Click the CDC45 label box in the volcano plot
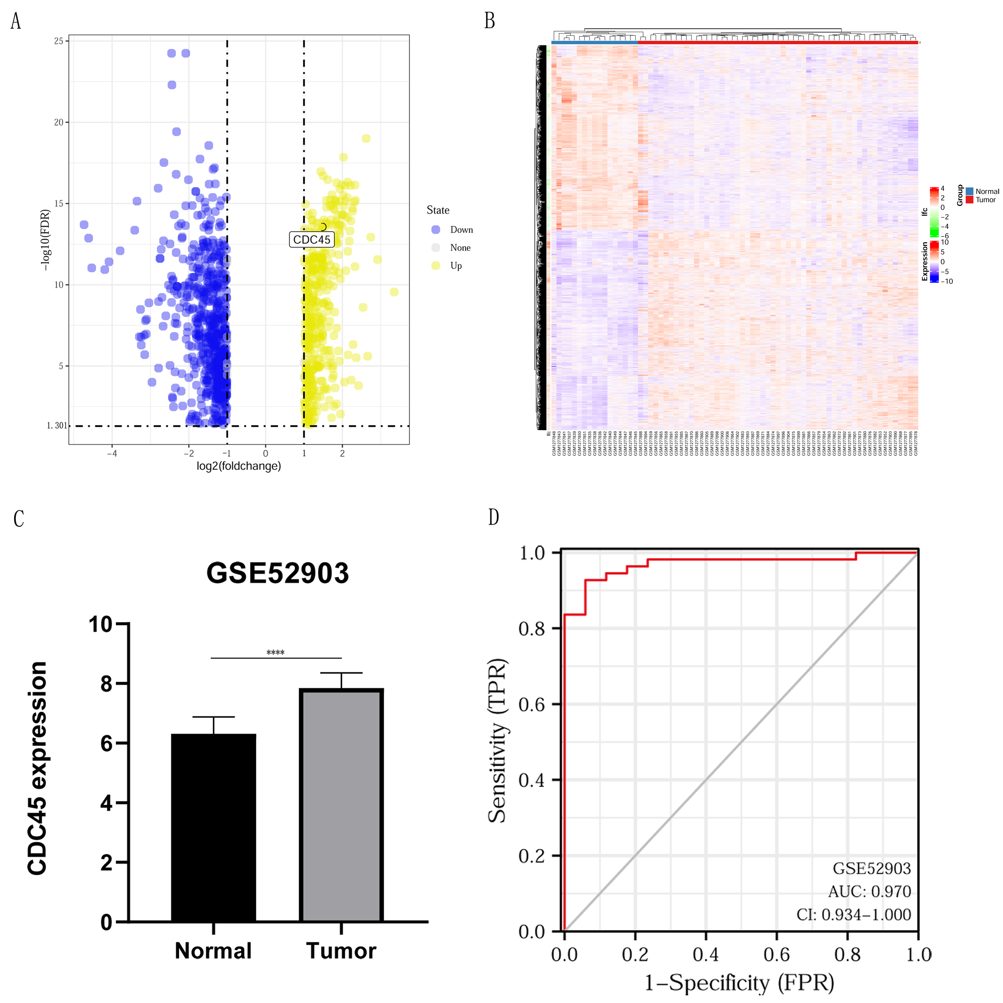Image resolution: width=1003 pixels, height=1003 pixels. [x=312, y=239]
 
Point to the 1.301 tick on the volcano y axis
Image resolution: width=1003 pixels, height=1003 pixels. [x=57, y=426]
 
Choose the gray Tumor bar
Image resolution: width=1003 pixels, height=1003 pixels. [x=341, y=806]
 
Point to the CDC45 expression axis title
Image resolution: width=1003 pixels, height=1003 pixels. [x=38, y=768]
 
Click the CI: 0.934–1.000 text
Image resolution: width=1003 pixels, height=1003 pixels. [x=854, y=914]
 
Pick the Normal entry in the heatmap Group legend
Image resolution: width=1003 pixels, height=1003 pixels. [x=986, y=191]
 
